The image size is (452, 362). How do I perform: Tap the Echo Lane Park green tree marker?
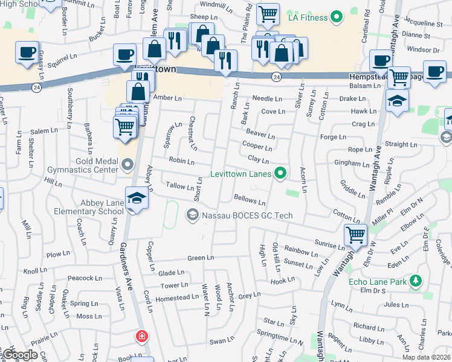click(x=415, y=281)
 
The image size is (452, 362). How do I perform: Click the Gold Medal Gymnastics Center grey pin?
click(x=127, y=164)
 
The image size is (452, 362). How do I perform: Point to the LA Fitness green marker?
click(x=337, y=17)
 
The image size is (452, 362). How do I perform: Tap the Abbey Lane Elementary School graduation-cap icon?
click(x=137, y=198)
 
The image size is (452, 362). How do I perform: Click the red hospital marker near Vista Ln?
click(x=142, y=335)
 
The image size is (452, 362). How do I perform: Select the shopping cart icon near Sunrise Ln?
click(x=355, y=235)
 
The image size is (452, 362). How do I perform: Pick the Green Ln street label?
click(x=201, y=258)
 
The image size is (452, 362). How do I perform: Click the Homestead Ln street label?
click(x=178, y=297)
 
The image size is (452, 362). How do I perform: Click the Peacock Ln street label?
click(x=84, y=278)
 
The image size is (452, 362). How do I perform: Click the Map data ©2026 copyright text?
click(x=426, y=357)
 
